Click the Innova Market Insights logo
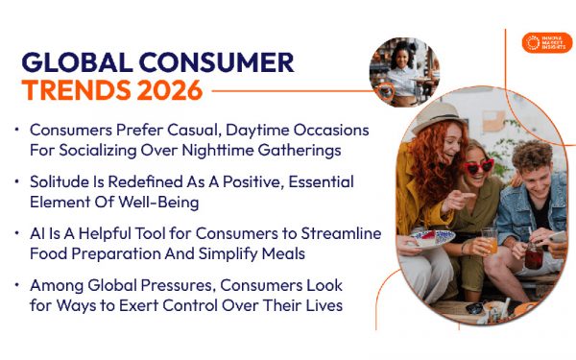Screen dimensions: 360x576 click(x=546, y=43)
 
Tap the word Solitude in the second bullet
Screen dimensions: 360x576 click(x=60, y=181)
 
